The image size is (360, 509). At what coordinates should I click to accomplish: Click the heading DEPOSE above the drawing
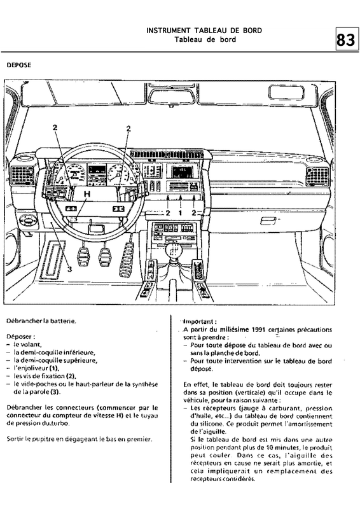coord(18,64)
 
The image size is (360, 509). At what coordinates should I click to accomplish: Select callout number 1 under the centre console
coord(181,214)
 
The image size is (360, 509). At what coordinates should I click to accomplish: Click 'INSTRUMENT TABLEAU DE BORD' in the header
coord(204,31)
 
